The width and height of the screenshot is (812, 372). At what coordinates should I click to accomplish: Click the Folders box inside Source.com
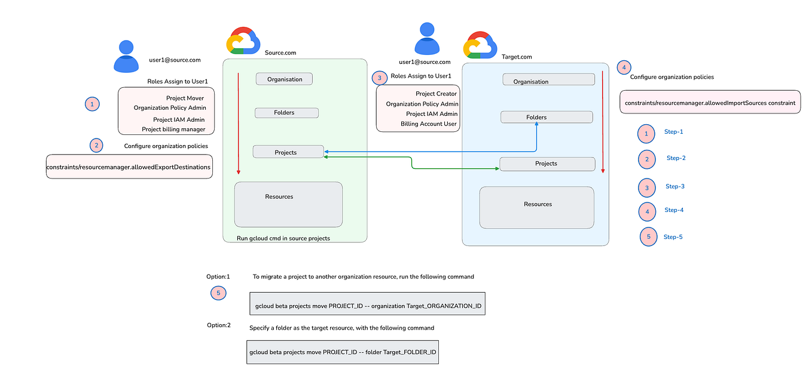click(x=286, y=113)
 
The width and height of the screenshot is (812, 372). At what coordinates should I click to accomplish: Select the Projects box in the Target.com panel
click(x=547, y=164)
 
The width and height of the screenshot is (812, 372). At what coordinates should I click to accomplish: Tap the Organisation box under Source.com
click(x=284, y=79)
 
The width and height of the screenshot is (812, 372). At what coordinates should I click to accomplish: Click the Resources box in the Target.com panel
click(x=536, y=207)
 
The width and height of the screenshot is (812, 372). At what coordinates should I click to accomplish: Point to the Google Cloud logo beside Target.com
click(x=480, y=45)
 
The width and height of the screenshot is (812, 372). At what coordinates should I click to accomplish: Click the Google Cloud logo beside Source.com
click(x=243, y=41)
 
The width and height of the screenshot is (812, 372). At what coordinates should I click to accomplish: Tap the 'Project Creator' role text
click(x=436, y=94)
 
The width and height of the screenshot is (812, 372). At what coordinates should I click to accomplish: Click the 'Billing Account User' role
click(x=429, y=124)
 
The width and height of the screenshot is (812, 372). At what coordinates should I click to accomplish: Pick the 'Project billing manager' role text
click(x=173, y=129)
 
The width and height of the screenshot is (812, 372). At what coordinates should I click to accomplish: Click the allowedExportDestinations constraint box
click(x=129, y=167)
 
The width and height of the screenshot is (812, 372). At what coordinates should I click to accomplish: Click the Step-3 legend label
click(x=674, y=186)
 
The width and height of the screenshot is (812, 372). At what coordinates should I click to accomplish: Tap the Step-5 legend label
click(x=673, y=237)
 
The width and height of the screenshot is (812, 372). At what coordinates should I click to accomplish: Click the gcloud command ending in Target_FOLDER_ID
click(x=343, y=352)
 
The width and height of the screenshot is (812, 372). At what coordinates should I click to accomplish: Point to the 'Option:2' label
click(x=218, y=325)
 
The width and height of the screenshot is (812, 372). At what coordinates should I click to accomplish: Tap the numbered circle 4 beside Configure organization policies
click(x=624, y=67)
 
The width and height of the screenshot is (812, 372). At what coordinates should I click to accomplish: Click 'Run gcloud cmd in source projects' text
click(x=283, y=238)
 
